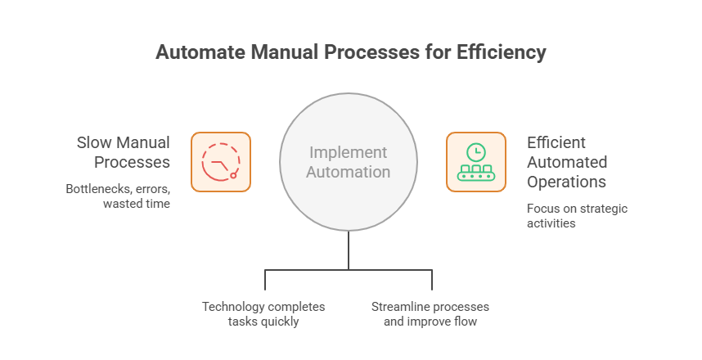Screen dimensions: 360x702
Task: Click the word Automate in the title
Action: (196, 53)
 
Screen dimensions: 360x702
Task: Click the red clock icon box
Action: (221, 162)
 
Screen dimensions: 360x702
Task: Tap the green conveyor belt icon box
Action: (475, 162)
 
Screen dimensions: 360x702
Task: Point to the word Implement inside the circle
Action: (348, 153)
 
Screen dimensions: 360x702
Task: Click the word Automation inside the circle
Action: (349, 173)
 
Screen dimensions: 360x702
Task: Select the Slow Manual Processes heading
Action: (124, 152)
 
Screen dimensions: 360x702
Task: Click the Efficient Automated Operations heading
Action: (567, 161)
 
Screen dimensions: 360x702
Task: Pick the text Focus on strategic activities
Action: (577, 215)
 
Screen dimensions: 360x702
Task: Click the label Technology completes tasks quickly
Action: (263, 314)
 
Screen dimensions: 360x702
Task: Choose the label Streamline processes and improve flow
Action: (430, 314)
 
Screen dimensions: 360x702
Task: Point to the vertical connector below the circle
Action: (349, 250)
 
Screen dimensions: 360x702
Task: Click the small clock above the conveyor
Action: (475, 152)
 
